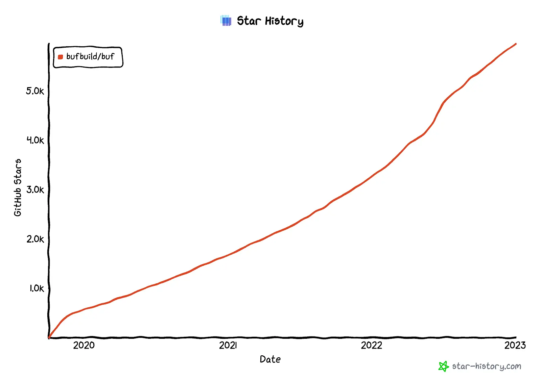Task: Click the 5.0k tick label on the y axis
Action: click(x=35, y=91)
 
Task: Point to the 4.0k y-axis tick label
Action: click(x=35, y=140)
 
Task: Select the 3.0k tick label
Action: click(x=35, y=189)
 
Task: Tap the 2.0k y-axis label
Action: click(x=35, y=239)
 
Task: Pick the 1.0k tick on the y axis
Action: click(x=36, y=288)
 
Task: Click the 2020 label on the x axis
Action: click(x=84, y=345)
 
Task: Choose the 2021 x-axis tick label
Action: click(x=228, y=345)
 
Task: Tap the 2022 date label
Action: click(x=371, y=345)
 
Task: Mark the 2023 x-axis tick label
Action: click(x=515, y=345)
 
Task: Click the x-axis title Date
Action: click(x=270, y=359)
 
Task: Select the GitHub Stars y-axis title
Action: click(x=18, y=187)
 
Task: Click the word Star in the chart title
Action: click(x=249, y=21)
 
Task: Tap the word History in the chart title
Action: click(x=284, y=21)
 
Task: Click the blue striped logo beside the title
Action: click(x=226, y=21)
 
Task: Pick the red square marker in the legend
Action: click(x=61, y=57)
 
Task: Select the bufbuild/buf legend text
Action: click(x=90, y=56)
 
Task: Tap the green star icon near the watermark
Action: click(x=443, y=366)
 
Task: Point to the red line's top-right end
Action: click(x=516, y=44)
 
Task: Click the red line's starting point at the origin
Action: click(x=49, y=337)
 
